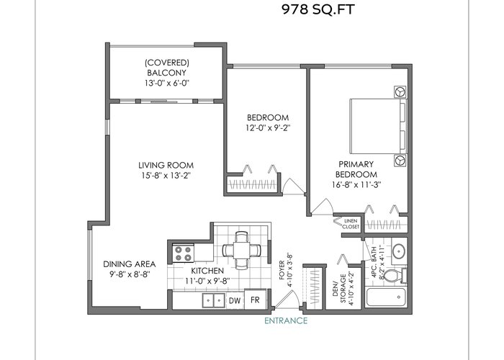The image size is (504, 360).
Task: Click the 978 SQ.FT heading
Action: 318,9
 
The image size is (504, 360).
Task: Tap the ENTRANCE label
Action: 286,320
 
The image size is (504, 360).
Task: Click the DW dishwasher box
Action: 235,300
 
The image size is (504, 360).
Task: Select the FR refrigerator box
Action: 255,300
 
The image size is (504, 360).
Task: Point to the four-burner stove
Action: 183,253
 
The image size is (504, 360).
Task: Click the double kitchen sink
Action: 213,301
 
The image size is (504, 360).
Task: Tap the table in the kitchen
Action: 242,250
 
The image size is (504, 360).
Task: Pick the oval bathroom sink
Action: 399,251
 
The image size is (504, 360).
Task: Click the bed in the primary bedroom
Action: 378,126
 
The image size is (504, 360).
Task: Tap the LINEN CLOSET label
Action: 351,224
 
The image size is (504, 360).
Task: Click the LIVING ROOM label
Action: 166,165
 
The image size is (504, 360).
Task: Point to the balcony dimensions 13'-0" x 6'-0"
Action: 166,83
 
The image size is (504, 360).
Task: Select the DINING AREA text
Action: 129,264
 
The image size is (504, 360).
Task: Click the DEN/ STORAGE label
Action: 339,288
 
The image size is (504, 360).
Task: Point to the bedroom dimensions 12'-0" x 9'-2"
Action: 268,127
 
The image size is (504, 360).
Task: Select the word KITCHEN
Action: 207,271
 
